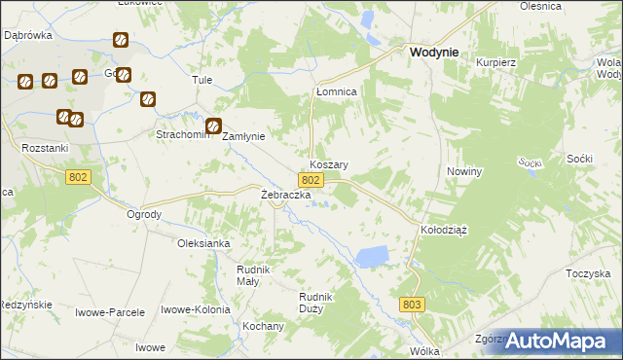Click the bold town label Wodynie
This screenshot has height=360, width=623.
click(434, 55)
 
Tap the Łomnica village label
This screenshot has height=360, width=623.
click(337, 91)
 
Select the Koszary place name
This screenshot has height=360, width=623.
click(329, 165)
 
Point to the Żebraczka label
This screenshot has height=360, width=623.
click(285, 196)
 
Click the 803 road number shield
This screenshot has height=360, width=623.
click(413, 305)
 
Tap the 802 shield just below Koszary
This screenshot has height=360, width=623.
click(311, 181)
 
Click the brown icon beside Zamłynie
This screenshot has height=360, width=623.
click(213, 126)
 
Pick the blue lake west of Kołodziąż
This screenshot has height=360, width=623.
click(372, 257)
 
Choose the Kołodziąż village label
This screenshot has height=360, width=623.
click(444, 231)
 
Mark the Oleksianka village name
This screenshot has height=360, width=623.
click(202, 244)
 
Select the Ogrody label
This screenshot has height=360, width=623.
click(144, 214)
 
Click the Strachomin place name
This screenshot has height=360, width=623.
click(183, 135)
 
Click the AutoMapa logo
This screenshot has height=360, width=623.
click(564, 341)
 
